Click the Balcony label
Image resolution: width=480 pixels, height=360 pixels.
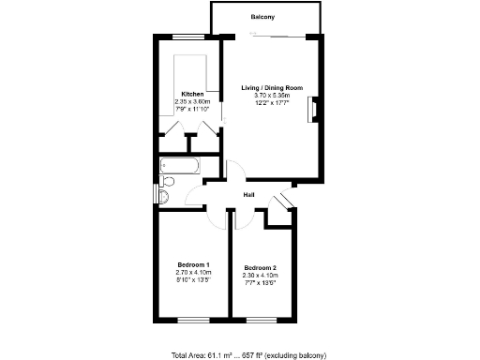point(263,18)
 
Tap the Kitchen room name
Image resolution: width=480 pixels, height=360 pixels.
point(192,95)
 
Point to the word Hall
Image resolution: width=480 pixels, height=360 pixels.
point(249,194)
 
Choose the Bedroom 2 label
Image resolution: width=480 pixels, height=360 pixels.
point(260,268)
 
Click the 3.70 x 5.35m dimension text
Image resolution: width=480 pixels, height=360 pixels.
point(272,96)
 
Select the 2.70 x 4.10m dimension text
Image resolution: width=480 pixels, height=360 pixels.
point(193,273)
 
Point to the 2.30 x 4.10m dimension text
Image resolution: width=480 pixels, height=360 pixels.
point(260,276)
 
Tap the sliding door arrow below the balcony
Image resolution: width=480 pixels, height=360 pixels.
point(253,36)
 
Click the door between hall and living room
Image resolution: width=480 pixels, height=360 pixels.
point(235,172)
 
